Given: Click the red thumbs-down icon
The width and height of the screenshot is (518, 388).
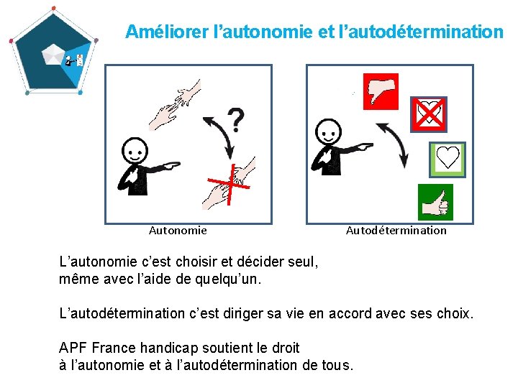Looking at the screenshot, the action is [381, 91].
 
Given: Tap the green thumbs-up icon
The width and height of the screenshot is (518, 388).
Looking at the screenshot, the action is [435, 202].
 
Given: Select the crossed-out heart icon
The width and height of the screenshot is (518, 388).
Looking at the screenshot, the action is [429, 114].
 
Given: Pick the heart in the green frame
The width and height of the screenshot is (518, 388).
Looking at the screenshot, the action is [447, 160].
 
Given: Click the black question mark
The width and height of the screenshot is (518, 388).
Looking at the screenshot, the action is [236, 120].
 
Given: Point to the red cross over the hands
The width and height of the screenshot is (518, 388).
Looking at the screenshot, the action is [230, 185].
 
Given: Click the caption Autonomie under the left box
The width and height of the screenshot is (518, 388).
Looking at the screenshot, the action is [178, 231].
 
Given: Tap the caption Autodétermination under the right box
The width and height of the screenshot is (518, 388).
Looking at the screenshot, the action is [396, 231].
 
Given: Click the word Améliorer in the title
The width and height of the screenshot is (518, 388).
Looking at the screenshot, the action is [167, 32].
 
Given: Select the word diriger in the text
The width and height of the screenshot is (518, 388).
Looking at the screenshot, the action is [243, 314].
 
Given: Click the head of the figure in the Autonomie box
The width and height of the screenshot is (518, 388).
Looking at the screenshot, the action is [135, 150].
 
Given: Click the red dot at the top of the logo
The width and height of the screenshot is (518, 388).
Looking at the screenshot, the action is [54, 8].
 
